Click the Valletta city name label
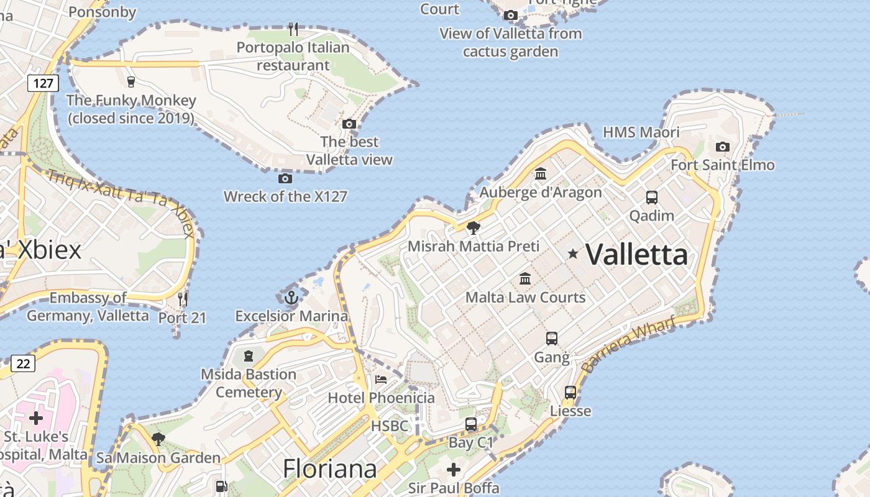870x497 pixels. pyautogui.click(x=637, y=254)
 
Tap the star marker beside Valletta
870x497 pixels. pyautogui.click(x=573, y=253)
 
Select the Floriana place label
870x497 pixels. pyautogui.click(x=329, y=468)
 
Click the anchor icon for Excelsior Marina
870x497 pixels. pyautogui.click(x=291, y=298)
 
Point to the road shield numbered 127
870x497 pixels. pyautogui.click(x=43, y=83)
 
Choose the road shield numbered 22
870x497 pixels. pyautogui.click(x=23, y=363)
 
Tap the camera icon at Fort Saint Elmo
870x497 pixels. pyautogui.click(x=722, y=147)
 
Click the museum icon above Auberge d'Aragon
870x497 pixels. pyautogui.click(x=541, y=174)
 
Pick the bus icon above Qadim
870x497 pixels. pyautogui.click(x=651, y=198)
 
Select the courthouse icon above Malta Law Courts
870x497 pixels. pyautogui.click(x=525, y=278)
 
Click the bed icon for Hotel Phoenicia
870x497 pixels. pyautogui.click(x=380, y=379)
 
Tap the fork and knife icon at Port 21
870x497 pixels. pyautogui.click(x=183, y=299)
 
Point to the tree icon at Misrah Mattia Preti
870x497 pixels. pyautogui.click(x=474, y=228)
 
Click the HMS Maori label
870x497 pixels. pyautogui.click(x=641, y=132)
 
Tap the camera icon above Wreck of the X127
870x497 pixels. pyautogui.click(x=285, y=179)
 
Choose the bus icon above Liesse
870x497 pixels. pyautogui.click(x=570, y=393)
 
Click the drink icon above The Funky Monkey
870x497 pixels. pyautogui.click(x=130, y=81)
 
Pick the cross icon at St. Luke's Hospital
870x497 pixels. pyautogui.click(x=36, y=417)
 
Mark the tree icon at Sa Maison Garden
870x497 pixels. pyautogui.click(x=158, y=439)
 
